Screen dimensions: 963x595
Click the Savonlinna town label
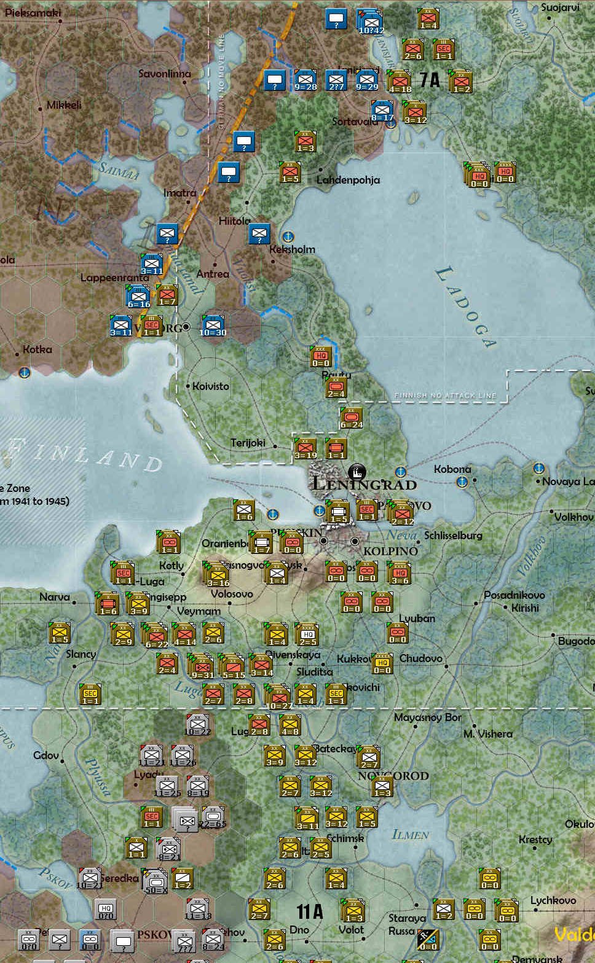tap(164, 74)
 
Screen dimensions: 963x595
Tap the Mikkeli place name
tap(64, 105)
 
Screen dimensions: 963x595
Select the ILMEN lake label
tap(410, 835)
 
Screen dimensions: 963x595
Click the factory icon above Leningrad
tap(356, 472)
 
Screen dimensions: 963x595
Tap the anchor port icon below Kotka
tap(24, 372)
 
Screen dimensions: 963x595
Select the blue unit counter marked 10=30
tap(213, 325)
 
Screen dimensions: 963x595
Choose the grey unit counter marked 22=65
tap(213, 817)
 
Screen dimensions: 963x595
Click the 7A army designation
tap(430, 80)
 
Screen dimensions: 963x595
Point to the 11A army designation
tap(310, 911)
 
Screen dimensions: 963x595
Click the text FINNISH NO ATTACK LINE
tap(445, 396)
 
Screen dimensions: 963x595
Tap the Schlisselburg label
tap(453, 536)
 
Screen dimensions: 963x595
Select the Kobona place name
tap(452, 469)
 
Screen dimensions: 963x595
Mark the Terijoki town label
tap(248, 443)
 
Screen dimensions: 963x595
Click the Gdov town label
tap(46, 755)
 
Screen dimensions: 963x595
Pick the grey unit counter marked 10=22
tap(197, 725)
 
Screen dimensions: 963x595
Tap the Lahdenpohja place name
tap(348, 180)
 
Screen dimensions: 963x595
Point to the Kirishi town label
tap(525, 608)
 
